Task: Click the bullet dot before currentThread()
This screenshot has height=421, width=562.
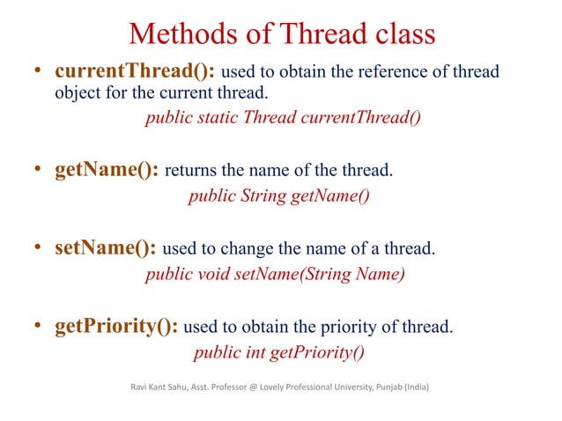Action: coord(40,71)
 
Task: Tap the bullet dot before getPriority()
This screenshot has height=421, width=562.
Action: coord(40,329)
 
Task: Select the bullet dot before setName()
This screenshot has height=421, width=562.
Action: coord(40,248)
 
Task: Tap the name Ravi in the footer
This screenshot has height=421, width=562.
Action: coord(139,385)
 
